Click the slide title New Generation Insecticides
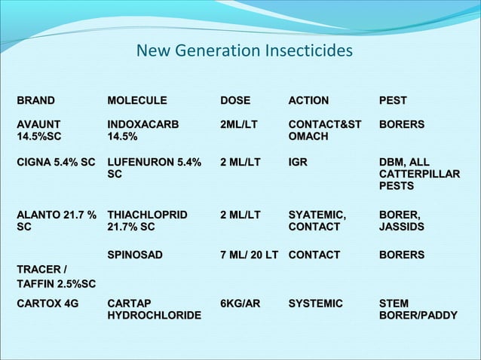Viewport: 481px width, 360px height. pos(244,51)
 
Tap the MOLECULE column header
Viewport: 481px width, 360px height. pos(137,100)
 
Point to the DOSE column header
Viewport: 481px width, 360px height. pos(234,100)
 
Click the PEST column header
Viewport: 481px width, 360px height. pos(393,100)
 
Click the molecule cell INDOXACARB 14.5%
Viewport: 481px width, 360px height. pos(143,130)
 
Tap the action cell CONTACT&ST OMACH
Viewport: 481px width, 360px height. pos(325,130)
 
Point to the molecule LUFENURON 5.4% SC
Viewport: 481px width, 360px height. pos(155,168)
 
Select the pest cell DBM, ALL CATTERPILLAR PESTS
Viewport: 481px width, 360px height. pos(419,174)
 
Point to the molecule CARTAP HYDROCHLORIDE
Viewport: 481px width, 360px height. pos(154,310)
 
